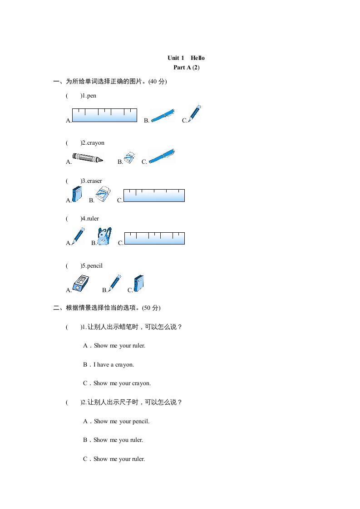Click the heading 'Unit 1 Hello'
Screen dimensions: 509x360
tap(186, 58)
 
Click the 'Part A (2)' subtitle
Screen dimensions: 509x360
tap(186, 68)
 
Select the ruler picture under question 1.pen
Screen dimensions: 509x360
tap(104, 115)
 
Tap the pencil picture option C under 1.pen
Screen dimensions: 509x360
tap(194, 113)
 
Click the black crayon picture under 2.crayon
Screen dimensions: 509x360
tap(88, 158)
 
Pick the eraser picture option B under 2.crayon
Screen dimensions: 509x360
tap(130, 157)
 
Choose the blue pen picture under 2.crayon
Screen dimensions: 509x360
tap(162, 156)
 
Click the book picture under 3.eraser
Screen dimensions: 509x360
tap(78, 194)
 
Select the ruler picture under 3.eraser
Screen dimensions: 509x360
tap(154, 196)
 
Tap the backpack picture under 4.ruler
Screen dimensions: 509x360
tap(104, 237)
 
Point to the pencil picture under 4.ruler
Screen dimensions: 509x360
tap(78, 236)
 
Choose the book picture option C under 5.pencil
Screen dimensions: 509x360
tap(139, 284)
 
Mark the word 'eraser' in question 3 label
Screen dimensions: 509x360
tap(94, 181)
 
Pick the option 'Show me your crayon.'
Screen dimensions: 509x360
tap(122, 383)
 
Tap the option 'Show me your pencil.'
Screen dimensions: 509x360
tap(121, 421)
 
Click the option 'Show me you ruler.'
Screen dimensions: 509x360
tap(118, 440)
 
